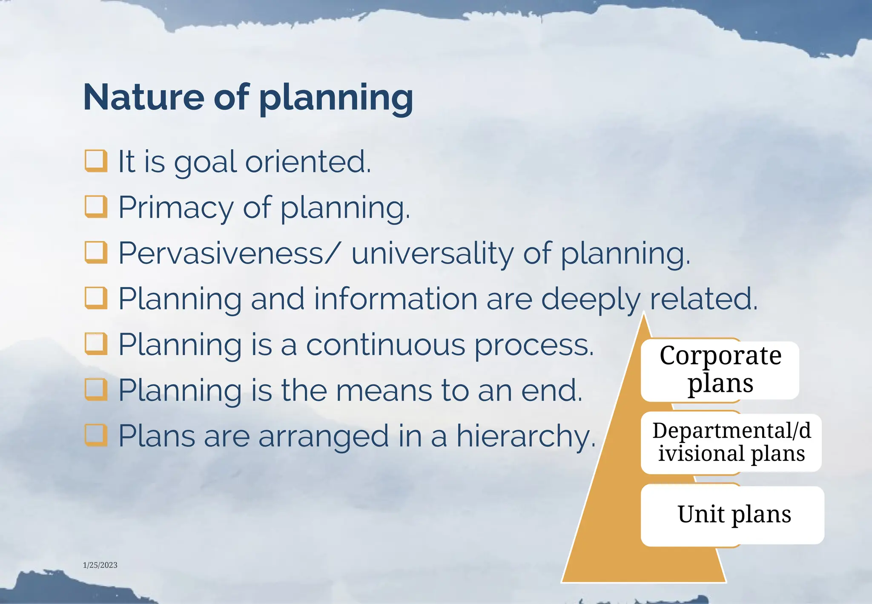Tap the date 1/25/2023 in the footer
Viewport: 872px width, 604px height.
(x=100, y=565)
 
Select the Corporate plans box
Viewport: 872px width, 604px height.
(x=720, y=370)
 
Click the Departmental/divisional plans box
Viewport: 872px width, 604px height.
(x=731, y=442)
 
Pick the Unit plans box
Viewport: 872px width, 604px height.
(x=733, y=515)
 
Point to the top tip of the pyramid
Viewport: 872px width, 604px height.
(x=644, y=315)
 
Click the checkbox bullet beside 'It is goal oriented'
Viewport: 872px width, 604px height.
(x=96, y=161)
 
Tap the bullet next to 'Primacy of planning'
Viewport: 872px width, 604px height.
(x=96, y=207)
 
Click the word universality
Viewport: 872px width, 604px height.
(x=433, y=253)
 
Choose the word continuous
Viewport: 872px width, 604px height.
(x=385, y=345)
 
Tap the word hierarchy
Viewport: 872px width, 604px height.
(x=525, y=436)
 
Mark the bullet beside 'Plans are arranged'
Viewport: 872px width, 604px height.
(x=96, y=435)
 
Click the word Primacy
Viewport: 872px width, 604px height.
(x=175, y=207)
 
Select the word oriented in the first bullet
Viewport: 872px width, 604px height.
(x=308, y=161)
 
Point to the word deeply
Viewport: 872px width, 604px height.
(x=591, y=299)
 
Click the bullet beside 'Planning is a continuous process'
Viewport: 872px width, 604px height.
(x=96, y=344)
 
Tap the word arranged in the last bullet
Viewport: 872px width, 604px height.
(x=324, y=437)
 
